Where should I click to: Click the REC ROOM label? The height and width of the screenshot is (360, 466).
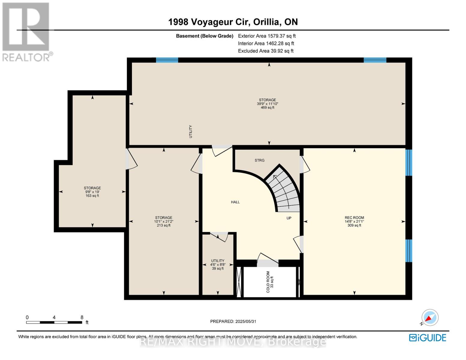click(354, 217)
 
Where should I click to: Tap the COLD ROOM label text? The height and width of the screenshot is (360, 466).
click(268, 282)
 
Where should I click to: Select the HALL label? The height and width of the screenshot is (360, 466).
click(235, 202)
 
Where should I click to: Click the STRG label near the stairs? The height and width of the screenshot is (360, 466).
click(260, 160)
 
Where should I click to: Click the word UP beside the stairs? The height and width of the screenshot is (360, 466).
click(289, 218)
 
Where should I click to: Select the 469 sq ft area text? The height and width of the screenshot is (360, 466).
click(267, 108)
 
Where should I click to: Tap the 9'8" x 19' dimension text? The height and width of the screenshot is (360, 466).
click(92, 192)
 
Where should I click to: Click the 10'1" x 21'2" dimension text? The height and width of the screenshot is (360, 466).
click(164, 221)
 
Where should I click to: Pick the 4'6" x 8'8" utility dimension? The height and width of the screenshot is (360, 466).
click(218, 265)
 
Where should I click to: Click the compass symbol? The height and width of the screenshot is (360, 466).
click(430, 317)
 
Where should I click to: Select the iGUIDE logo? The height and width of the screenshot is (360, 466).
click(428, 338)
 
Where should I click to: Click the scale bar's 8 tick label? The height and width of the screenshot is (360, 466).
click(82, 317)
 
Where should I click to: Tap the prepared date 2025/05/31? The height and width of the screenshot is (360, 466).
click(246, 321)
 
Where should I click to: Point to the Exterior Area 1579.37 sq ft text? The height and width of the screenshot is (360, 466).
click(267, 36)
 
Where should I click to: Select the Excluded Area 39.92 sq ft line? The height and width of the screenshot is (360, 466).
click(266, 51)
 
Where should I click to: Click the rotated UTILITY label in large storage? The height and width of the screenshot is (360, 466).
click(191, 131)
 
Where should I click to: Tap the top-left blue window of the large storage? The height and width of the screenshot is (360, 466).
click(167, 60)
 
